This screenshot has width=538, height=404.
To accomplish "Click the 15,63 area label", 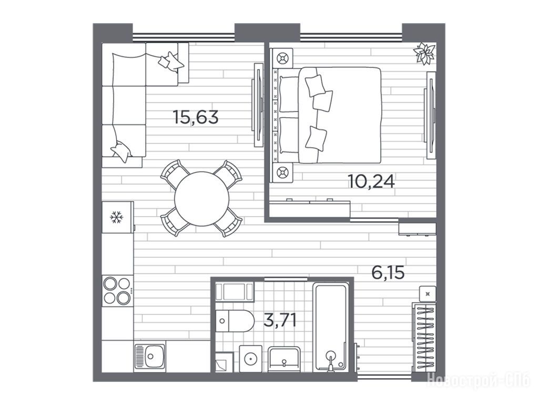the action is [196, 117].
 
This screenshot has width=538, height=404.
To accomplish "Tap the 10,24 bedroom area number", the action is [371, 181].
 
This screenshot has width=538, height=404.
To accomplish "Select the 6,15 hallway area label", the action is [388, 272].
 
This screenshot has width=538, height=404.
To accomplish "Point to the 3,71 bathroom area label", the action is [280, 320].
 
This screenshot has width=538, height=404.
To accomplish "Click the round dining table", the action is [201, 199].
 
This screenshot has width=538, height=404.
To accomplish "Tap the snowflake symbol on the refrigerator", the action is [117, 217].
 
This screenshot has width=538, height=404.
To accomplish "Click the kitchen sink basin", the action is [150, 356].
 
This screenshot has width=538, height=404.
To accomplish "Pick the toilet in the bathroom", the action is [235, 321].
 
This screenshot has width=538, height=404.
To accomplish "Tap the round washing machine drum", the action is [250, 359].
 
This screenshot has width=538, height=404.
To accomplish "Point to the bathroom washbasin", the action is [284, 359].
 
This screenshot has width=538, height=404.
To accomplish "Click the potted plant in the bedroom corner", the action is [424, 53].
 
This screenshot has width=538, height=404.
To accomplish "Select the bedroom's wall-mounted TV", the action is [430, 115].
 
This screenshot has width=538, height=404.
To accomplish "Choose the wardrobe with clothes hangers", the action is [424, 337].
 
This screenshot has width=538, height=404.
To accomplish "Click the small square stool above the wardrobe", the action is [428, 294].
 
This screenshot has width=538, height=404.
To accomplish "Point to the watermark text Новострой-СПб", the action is [478, 381].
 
